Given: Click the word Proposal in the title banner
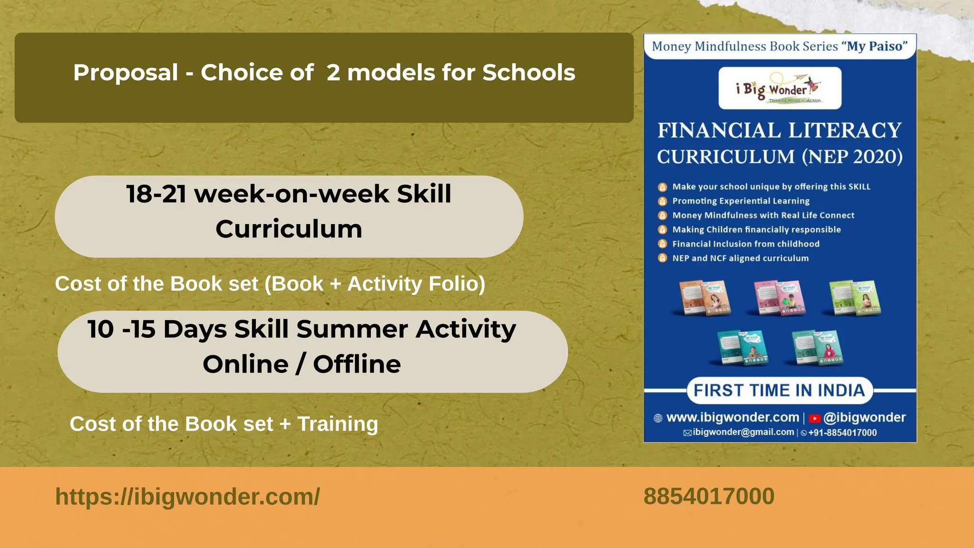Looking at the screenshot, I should [x=126, y=73].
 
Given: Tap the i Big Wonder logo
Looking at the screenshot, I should [x=779, y=88].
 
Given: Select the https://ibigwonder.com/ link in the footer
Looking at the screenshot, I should [x=187, y=497].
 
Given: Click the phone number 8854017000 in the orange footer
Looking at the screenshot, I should [x=709, y=497].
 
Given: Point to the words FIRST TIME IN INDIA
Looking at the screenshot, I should [x=779, y=391].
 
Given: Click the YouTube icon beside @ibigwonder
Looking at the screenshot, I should [x=815, y=419].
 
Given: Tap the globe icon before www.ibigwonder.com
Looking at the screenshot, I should [x=658, y=418].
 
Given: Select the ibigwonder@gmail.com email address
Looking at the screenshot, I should [x=743, y=432].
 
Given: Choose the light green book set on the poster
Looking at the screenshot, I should [x=855, y=298].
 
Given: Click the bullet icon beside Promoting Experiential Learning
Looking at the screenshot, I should [x=662, y=201].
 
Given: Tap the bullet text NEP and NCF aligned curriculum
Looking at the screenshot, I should [x=740, y=258].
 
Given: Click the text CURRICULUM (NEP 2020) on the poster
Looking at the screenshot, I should [x=779, y=157].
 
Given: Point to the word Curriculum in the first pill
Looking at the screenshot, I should [x=289, y=229].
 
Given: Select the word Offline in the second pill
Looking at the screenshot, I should [x=357, y=364].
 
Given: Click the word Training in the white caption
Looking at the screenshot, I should [x=338, y=424].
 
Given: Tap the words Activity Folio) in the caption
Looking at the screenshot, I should [x=416, y=284].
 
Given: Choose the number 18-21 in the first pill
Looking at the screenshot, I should [x=156, y=194].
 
